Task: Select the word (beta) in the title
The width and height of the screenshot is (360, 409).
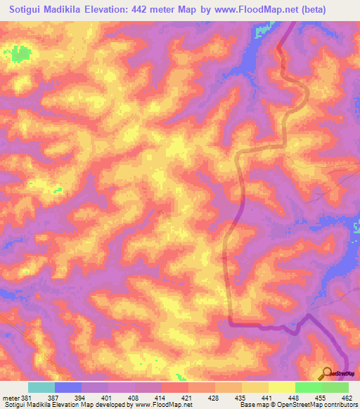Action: [x=331, y=10]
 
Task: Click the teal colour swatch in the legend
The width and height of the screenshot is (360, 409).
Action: [x=41, y=387]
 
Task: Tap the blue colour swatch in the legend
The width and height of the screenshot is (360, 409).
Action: [x=68, y=387]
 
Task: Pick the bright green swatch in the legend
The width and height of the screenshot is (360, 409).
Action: [x=309, y=387]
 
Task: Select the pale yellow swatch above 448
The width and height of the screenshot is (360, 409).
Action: [x=282, y=387]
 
